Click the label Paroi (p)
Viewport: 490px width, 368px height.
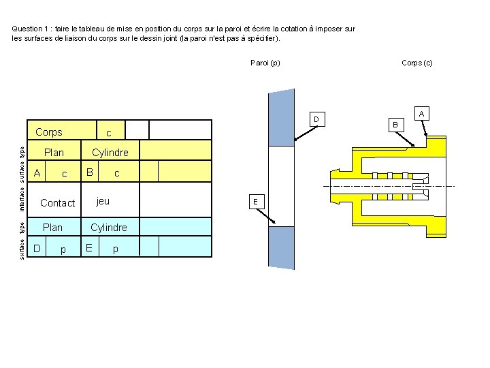coord(265,63)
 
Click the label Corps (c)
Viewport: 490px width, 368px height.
coord(417,63)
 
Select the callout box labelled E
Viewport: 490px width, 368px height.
coord(255,202)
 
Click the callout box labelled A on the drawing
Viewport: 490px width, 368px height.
coord(422,113)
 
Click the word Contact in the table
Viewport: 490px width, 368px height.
coord(58,203)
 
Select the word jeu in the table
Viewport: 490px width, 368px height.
coord(103,201)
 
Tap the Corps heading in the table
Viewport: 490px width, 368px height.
coord(48,132)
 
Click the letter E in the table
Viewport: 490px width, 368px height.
coord(90,248)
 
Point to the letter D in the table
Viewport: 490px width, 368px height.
coord(38,248)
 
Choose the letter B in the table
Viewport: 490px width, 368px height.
coord(90,172)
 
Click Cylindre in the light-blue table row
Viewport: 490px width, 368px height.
coord(109,228)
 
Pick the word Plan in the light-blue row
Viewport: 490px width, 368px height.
coord(52,228)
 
